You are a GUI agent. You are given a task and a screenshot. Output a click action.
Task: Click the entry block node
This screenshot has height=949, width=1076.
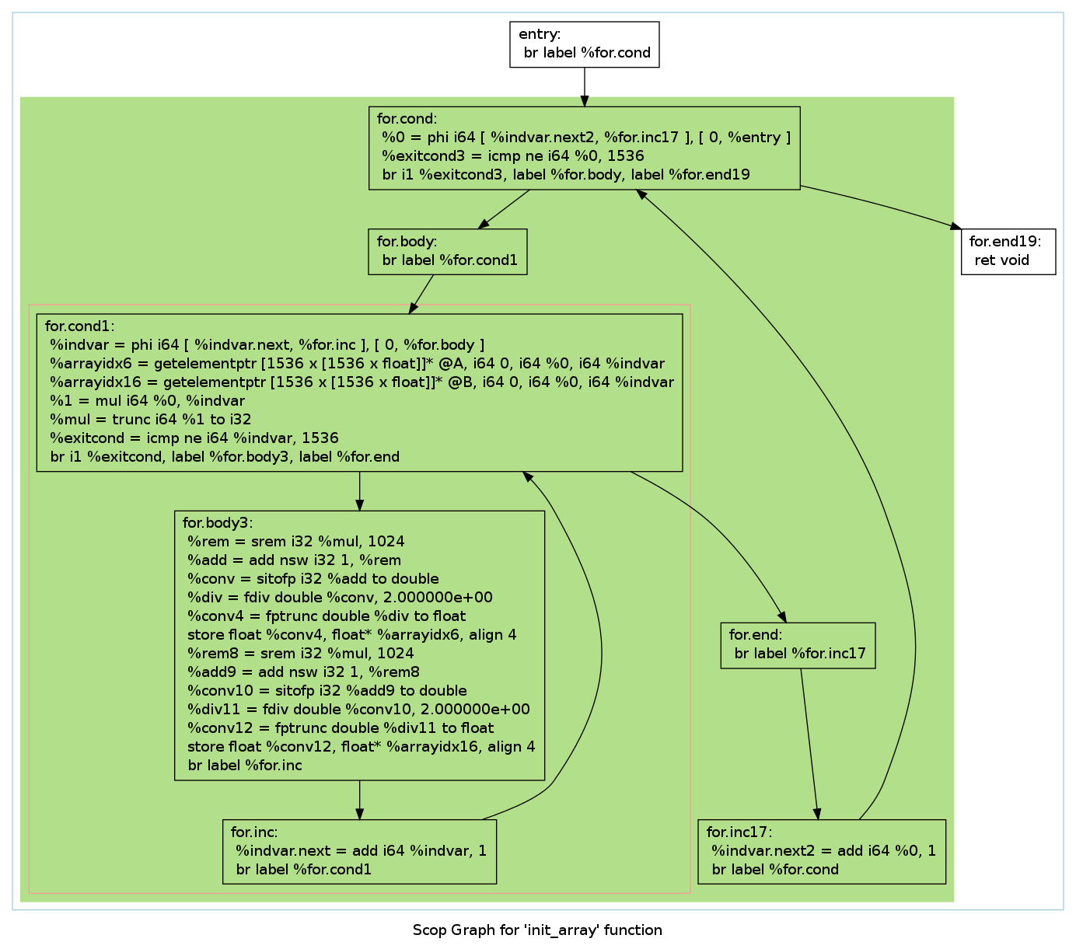[x=584, y=44]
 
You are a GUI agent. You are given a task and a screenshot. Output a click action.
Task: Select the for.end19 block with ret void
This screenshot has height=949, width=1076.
[x=1008, y=252]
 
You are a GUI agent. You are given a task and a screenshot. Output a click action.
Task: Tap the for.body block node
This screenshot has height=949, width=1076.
[x=448, y=252]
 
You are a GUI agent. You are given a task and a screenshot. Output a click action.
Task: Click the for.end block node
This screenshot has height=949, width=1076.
[x=798, y=645]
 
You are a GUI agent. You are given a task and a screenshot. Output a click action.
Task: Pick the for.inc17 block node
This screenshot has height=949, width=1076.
[x=822, y=851]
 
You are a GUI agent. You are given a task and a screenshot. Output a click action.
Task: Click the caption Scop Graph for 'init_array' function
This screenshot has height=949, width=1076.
[x=537, y=930]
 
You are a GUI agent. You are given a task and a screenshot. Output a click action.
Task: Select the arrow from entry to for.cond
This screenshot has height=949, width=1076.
[x=584, y=87]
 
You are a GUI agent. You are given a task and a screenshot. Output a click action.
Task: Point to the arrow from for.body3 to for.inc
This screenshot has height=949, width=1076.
[x=359, y=800]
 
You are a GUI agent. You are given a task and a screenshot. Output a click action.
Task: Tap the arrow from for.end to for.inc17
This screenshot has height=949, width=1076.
[x=809, y=744]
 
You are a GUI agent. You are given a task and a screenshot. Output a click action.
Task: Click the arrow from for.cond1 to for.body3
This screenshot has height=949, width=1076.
[x=359, y=491]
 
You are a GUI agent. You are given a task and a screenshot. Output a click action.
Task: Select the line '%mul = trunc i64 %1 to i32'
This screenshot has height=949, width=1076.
[x=150, y=420]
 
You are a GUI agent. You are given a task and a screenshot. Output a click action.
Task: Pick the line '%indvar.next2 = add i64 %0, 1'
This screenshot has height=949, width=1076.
[x=824, y=850]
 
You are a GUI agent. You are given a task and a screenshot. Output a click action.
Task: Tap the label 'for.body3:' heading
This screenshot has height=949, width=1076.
[x=218, y=522]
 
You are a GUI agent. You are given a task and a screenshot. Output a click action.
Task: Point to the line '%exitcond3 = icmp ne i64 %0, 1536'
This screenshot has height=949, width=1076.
[x=513, y=155]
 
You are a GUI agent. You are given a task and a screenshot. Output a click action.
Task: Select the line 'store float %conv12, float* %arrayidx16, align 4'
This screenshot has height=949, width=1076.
[x=362, y=746]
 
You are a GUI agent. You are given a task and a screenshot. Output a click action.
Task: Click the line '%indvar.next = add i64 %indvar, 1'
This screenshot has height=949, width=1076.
[x=362, y=850]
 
